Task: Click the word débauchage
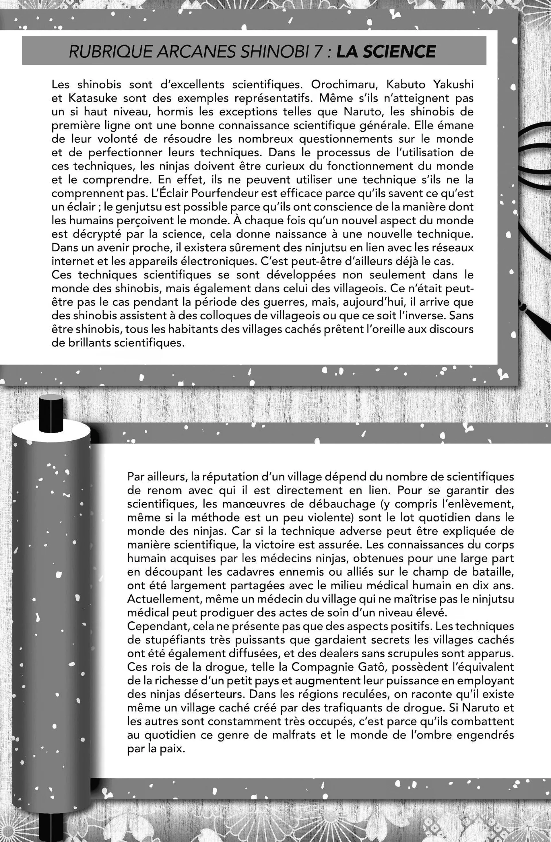tap(288, 504)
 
